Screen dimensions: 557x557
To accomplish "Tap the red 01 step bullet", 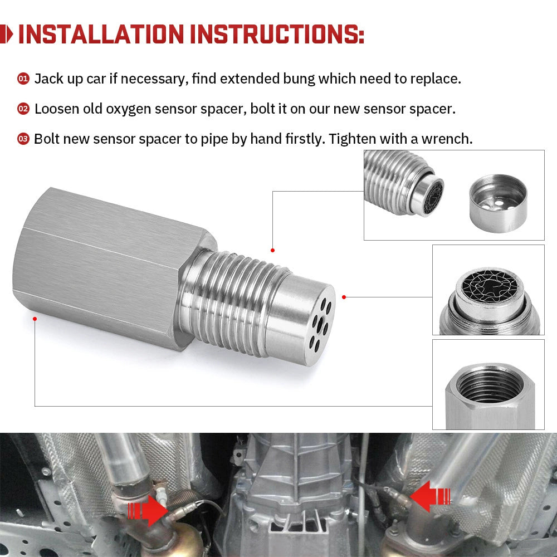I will [23, 79].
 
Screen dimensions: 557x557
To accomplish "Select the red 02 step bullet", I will [23, 109].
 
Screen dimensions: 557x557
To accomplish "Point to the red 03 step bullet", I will [23, 139].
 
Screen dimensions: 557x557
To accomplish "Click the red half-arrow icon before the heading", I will [7, 34].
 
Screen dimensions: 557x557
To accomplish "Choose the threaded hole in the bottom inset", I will [489, 383].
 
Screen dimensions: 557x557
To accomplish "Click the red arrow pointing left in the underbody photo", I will [429, 496].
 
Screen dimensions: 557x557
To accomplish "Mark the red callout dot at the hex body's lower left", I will [35, 319].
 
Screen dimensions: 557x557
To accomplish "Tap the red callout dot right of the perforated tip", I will [344, 297].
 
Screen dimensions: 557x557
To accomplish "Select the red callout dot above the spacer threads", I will [272, 250].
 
